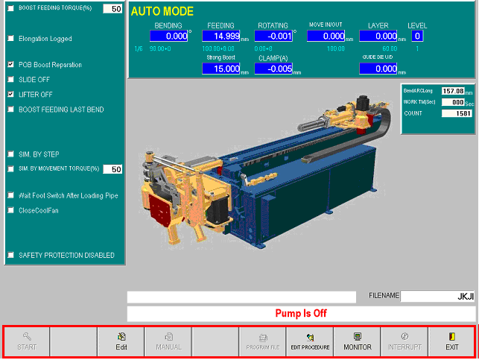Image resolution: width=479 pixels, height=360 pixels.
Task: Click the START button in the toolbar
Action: coord(27,342)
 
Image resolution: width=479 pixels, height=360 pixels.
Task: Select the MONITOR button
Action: coord(357,342)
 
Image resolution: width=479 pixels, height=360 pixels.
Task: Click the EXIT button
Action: coord(451,342)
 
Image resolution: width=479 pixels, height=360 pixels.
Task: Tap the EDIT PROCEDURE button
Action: coord(310,342)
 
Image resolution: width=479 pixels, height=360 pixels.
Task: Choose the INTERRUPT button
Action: coord(405,342)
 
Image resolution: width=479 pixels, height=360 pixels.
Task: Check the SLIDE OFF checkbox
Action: coord(10,80)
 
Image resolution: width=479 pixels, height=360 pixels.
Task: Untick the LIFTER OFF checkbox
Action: coord(10,95)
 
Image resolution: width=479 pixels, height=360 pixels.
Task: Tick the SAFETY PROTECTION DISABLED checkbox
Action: coord(10,255)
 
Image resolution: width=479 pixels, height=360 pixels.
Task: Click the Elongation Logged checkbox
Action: coord(10,38)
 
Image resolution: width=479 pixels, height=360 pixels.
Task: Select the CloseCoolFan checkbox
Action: coord(10,210)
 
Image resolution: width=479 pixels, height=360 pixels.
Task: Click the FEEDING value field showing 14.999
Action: coord(221,36)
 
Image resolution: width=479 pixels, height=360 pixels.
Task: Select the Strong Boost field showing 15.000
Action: coord(221,69)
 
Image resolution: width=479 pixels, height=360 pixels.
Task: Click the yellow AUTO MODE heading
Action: coord(162,11)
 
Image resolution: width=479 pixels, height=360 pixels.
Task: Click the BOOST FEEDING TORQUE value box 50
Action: coord(112,9)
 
